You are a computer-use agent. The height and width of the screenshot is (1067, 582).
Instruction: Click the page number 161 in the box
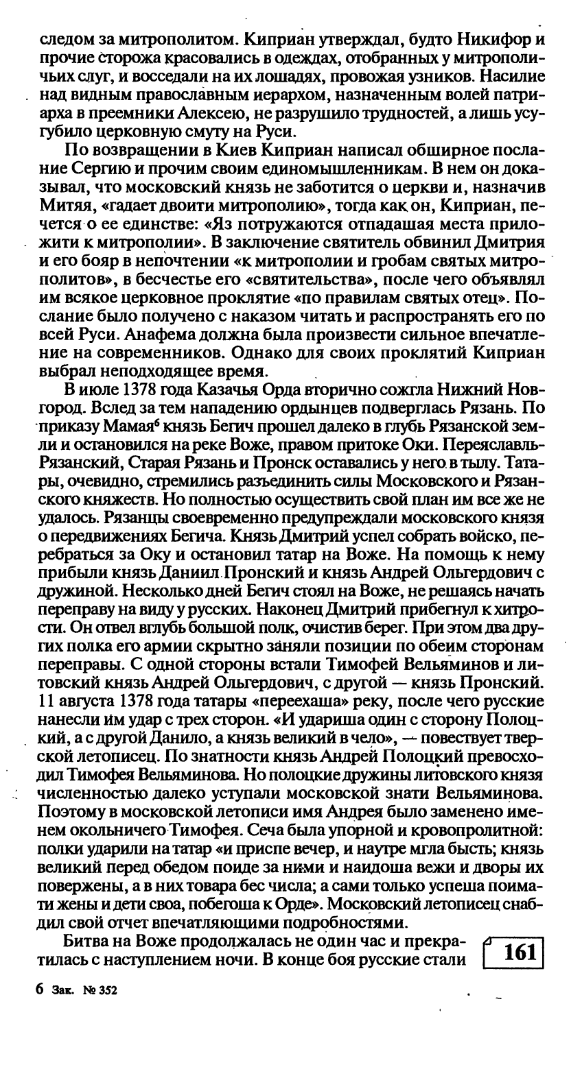519,952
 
